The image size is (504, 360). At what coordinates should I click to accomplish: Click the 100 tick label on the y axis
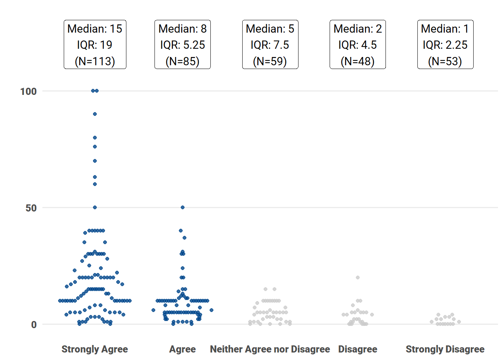(x=28, y=91)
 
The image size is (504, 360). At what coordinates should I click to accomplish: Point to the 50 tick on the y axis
(x=31, y=208)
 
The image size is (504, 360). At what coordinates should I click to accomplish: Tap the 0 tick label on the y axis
(x=34, y=325)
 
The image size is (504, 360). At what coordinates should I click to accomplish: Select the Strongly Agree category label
(x=94, y=349)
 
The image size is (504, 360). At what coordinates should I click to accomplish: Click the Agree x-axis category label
(x=182, y=349)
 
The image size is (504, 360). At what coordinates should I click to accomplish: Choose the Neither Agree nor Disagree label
(x=270, y=349)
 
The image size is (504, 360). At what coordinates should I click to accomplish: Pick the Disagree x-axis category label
(x=358, y=349)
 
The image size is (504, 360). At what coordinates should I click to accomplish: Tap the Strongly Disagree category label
(x=445, y=349)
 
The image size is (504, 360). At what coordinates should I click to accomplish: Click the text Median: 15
(x=95, y=29)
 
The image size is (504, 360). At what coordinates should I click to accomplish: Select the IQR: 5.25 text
(x=183, y=45)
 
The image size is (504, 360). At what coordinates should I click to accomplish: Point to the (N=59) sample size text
(x=270, y=61)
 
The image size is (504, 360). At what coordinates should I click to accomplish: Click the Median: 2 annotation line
(x=358, y=29)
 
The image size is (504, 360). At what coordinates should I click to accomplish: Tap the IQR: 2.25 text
(x=445, y=45)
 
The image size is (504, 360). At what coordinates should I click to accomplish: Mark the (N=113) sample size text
(x=95, y=61)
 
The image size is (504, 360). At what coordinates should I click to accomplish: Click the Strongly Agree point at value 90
(x=95, y=114)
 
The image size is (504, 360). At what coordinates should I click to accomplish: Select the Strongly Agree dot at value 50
(x=95, y=207)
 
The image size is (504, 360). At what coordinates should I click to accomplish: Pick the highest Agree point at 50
(x=183, y=207)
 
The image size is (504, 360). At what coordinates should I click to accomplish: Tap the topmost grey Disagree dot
(x=358, y=277)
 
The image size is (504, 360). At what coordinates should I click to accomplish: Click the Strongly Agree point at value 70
(x=95, y=161)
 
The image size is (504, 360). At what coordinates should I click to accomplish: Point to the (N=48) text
(x=358, y=61)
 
